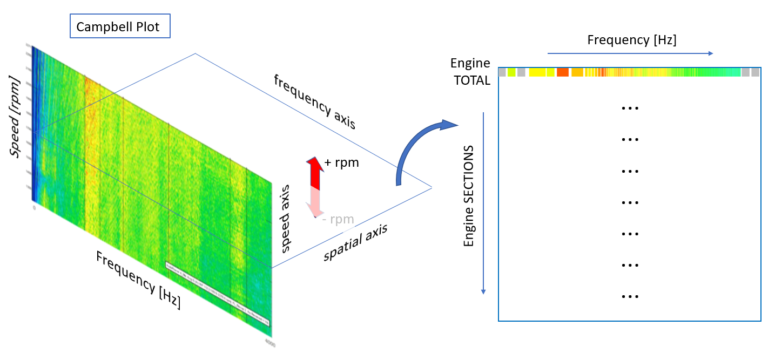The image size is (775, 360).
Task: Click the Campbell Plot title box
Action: coord(120,26)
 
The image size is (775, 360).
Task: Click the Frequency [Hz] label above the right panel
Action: coord(631,40)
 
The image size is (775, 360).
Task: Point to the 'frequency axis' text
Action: coord(314,101)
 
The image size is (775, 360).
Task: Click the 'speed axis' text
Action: coord(286,218)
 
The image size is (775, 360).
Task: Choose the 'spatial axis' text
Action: coord(356,242)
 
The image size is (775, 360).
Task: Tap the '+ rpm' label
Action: coord(341,162)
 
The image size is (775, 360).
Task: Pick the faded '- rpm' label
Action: coord(338,219)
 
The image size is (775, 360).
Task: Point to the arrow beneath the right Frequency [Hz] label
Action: coord(630,53)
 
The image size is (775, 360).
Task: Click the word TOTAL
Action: coord(471,81)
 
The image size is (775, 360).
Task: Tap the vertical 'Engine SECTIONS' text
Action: coord(469,196)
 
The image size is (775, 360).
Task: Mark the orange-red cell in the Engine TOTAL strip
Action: coord(563,72)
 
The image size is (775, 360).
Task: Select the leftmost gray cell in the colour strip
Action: coord(502,72)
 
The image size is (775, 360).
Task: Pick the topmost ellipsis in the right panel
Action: coord(630,107)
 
